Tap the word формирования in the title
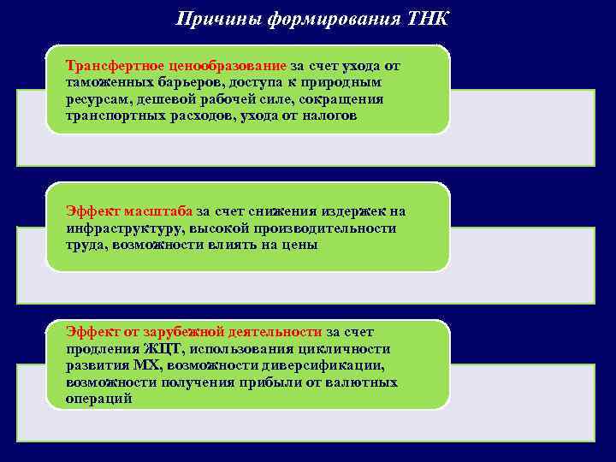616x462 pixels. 320,19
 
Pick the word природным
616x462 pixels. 346,82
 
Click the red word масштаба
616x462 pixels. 158,211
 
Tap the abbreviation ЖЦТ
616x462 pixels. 157,349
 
